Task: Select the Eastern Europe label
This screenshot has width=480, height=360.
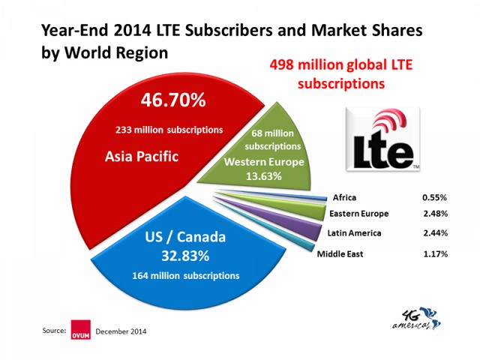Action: [x=358, y=214]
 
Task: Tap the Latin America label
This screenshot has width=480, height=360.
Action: [x=354, y=233]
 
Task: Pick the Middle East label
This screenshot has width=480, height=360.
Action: [x=340, y=253]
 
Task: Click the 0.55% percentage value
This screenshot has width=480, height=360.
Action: [x=434, y=198]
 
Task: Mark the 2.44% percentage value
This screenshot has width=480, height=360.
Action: [x=434, y=234]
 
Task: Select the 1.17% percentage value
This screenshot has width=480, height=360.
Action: [x=434, y=253]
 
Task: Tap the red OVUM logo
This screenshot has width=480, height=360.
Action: [x=80, y=330]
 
